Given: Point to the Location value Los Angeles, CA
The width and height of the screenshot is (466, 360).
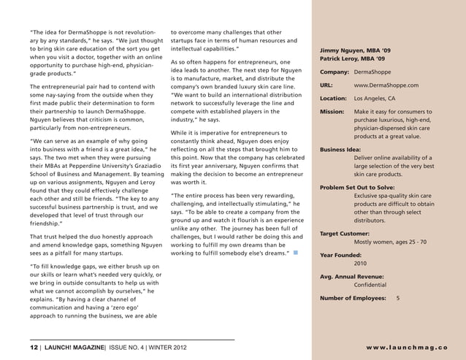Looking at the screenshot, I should [374, 99].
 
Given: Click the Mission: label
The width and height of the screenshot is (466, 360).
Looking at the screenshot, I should [332, 112].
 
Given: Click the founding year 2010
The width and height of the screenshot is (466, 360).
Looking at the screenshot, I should [361, 264].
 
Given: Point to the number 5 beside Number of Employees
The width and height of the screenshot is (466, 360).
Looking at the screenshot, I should [397, 299].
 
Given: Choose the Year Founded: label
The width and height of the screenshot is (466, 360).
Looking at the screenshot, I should [344, 256].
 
